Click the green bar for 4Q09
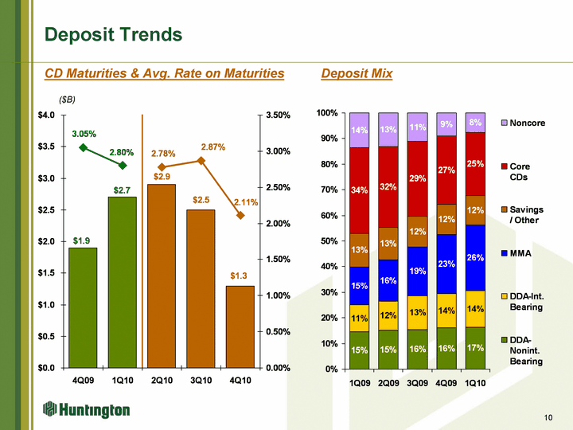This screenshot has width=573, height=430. tap(83, 307)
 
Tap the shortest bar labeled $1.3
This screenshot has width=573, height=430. tap(240, 326)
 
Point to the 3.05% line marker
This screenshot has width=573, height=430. tap(83, 147)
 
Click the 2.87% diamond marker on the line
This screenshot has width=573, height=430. tap(201, 161)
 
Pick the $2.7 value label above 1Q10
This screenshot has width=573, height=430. tap(122, 190)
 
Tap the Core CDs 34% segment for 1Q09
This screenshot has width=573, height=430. tap(360, 190)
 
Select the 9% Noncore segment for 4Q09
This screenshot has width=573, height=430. tap(446, 124)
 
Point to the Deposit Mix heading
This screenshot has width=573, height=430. tap(357, 73)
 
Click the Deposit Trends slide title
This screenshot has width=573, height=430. tap(114, 35)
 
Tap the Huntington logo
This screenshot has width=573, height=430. tap(87, 409)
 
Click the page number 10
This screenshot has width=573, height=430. tap(548, 416)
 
